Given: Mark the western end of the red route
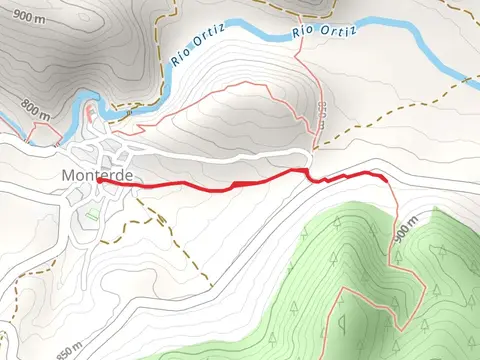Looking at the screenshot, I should pos(98,181).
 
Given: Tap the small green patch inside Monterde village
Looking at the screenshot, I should pos(92,213).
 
